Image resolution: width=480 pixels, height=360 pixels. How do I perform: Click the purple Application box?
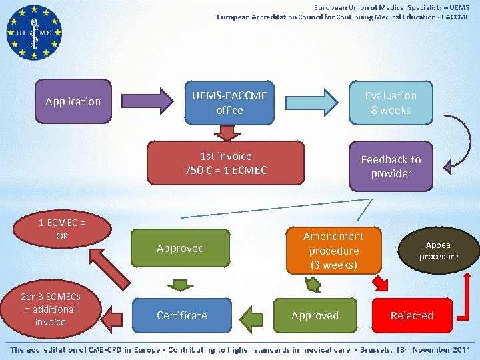point(73,101)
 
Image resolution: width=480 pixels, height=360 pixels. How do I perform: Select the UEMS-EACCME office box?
point(229,103)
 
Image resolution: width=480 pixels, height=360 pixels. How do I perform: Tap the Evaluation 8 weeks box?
point(391,103)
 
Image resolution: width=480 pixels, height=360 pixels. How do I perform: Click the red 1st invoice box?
point(225,163)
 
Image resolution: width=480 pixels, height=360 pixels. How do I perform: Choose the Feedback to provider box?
point(391,166)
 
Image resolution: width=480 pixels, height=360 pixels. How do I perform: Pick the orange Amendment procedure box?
point(333,251)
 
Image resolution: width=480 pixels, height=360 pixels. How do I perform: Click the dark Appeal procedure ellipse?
point(439,251)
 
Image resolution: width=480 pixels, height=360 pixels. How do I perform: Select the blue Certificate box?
point(181,315)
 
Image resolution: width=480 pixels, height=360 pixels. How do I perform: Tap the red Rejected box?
point(411,315)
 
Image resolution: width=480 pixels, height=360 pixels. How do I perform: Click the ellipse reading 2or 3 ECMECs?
point(51,309)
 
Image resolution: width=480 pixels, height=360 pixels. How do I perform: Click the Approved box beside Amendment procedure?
point(315,315)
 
